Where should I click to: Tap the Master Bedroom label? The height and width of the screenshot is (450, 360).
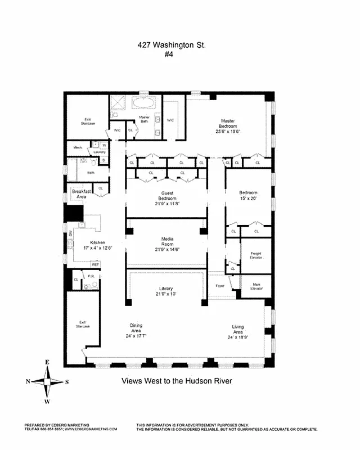pyautogui.click(x=227, y=124)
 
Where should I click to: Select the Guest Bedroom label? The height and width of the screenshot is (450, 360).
pyautogui.click(x=167, y=195)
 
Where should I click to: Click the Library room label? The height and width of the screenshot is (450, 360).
pyautogui.click(x=167, y=291)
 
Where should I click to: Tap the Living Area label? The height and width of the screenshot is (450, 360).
pyautogui.click(x=238, y=330)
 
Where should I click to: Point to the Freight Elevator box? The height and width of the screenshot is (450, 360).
pyautogui.click(x=256, y=255)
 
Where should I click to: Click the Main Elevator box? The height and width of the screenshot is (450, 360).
pyautogui.click(x=256, y=286)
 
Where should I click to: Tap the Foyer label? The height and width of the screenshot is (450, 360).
pyautogui.click(x=219, y=285)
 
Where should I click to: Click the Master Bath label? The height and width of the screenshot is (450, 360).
pyautogui.click(x=144, y=119)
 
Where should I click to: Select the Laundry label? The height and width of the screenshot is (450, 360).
pyautogui.click(x=100, y=152)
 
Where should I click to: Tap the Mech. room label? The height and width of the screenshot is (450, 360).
pyautogui.click(x=78, y=148)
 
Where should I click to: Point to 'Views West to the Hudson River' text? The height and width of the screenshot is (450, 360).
pyautogui.click(x=177, y=381)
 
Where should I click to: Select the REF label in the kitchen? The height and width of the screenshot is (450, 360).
pyautogui.click(x=95, y=264)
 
